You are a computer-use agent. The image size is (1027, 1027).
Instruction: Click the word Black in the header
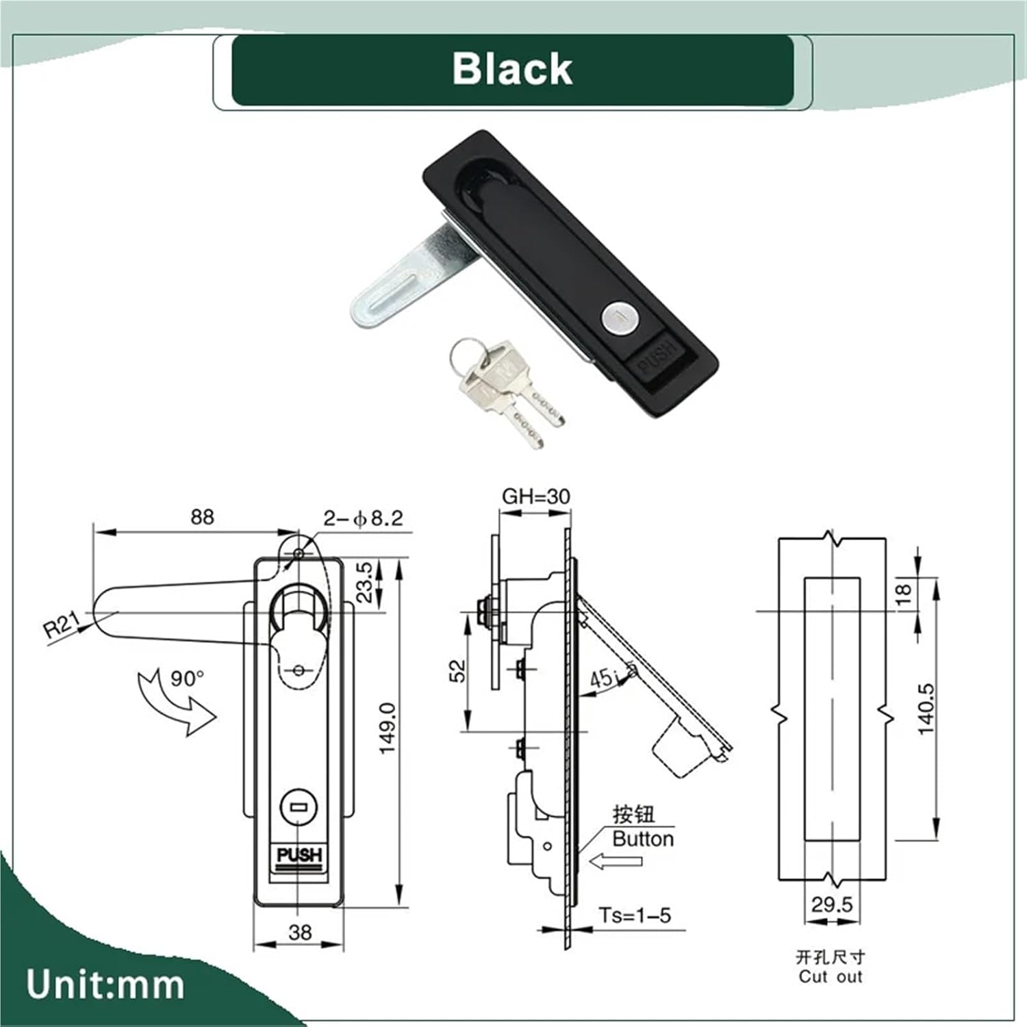click(511, 69)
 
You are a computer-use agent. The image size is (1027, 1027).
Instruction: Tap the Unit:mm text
click(105, 985)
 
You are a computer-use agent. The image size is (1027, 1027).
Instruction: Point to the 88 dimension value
click(202, 516)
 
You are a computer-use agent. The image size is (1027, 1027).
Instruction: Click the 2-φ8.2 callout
click(364, 518)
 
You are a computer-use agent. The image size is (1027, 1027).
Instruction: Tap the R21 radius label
click(62, 626)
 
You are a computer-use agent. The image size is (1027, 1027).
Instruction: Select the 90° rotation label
click(187, 679)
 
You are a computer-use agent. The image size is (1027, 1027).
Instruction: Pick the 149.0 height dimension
click(388, 728)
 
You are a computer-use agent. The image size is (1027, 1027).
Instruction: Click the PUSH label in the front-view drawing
click(299, 855)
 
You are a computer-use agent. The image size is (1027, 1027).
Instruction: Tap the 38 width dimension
click(300, 932)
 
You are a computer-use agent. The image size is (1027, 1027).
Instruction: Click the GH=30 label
click(535, 496)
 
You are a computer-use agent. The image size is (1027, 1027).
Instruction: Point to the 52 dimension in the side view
click(457, 670)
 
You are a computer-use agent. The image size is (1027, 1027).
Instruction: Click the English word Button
click(642, 839)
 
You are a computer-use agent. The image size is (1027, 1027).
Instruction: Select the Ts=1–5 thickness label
click(635, 915)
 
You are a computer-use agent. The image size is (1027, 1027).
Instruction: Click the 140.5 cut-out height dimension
click(926, 709)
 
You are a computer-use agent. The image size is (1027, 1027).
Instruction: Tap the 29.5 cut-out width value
click(832, 904)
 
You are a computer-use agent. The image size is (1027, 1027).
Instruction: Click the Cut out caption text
click(830, 976)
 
